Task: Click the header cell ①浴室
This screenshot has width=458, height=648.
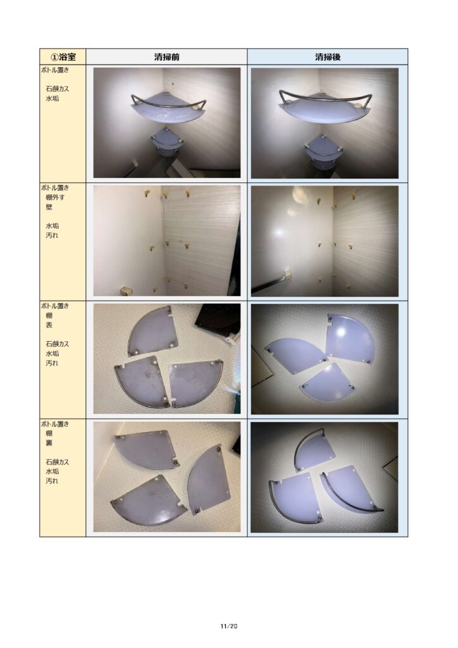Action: [x=63, y=56]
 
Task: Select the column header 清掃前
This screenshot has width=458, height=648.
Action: [x=166, y=57]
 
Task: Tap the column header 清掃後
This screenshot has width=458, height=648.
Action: [x=328, y=57]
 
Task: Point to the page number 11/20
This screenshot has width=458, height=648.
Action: [x=229, y=626]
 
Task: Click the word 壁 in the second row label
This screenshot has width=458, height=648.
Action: [x=49, y=207]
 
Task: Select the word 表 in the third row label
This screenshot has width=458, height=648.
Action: [x=49, y=325]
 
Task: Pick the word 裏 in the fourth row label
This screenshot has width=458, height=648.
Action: [x=49, y=442]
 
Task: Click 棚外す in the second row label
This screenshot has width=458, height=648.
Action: [x=55, y=197]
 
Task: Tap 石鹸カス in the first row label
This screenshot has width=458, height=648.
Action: [x=58, y=89]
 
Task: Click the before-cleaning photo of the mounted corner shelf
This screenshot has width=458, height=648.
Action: [x=167, y=123]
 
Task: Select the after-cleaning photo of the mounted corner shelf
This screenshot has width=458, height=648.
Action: [x=325, y=123]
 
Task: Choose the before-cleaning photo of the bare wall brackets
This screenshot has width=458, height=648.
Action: [x=167, y=240]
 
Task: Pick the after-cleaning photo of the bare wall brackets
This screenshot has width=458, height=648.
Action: [x=325, y=241]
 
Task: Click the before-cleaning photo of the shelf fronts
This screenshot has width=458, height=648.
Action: [x=167, y=359]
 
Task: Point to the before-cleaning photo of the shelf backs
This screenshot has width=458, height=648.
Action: [x=167, y=477]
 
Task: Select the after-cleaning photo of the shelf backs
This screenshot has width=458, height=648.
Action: [x=324, y=477]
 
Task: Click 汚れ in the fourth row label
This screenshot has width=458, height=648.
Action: [x=52, y=481]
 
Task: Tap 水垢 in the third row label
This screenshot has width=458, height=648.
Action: [x=52, y=353]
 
